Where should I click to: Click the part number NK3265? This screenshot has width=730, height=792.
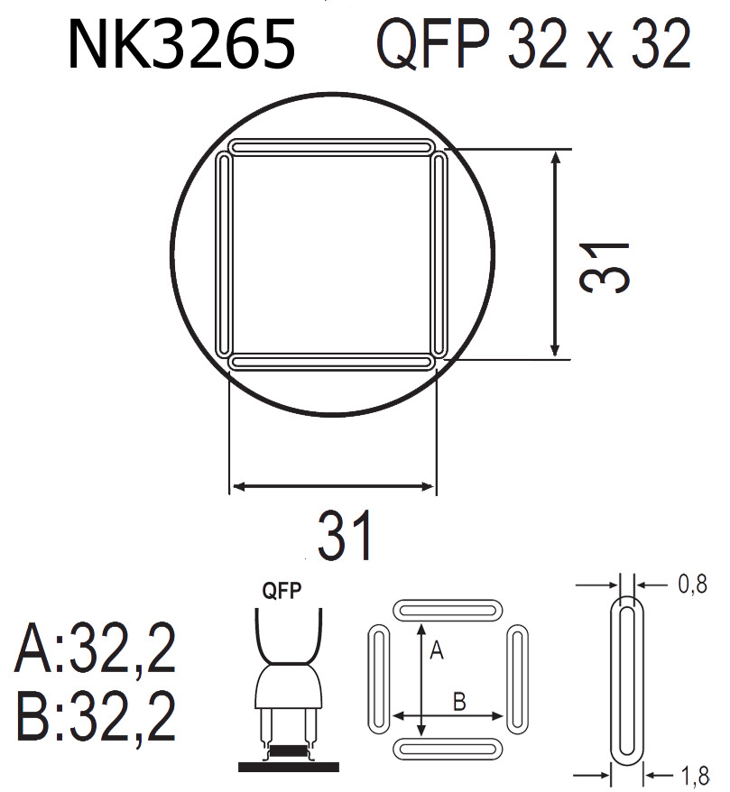181,45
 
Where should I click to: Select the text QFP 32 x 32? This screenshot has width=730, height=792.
533,45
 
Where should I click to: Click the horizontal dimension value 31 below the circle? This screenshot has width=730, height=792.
345,537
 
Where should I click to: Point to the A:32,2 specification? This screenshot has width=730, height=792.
94,650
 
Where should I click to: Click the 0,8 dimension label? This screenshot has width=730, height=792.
692,586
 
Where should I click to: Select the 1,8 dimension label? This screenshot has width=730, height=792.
692,773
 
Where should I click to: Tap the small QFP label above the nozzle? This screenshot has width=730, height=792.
281,592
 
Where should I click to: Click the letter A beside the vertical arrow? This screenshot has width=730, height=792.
436,649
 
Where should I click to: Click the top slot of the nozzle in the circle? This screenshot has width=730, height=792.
330,146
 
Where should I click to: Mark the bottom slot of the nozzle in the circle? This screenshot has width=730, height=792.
330,362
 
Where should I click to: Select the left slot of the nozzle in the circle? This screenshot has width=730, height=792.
224,254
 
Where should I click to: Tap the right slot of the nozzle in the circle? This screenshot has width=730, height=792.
439,254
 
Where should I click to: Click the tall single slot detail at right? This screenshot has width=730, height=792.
629,679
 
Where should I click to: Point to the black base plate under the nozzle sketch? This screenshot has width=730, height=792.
289,766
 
